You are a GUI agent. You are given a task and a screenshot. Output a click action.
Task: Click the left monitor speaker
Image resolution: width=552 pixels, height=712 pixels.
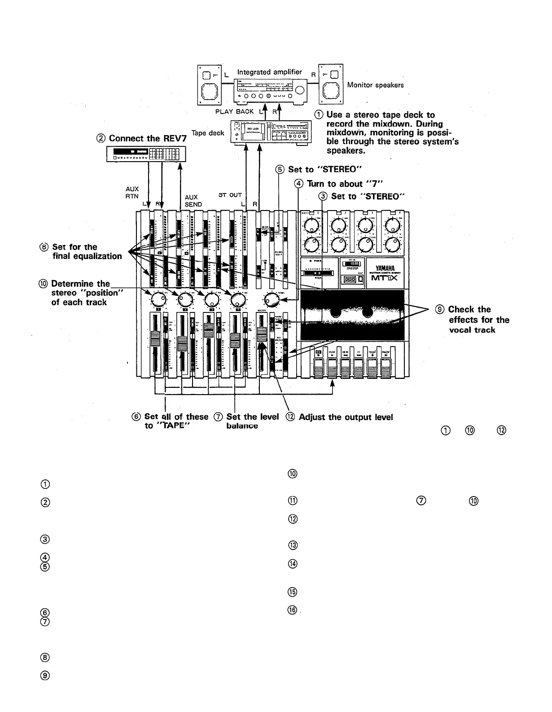tap(209, 84)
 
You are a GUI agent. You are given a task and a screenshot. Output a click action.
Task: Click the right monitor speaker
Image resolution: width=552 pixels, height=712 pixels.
tap(331, 84)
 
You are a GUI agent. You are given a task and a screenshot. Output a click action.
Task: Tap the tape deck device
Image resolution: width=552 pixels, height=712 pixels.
tap(271, 132)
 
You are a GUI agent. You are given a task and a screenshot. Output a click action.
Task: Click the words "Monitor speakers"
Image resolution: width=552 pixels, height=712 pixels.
tap(375, 85)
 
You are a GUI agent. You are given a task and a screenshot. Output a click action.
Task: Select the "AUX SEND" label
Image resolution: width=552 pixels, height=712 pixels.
tap(193, 201)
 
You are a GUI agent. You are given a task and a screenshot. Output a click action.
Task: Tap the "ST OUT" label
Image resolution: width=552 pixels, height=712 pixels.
tap(230, 195)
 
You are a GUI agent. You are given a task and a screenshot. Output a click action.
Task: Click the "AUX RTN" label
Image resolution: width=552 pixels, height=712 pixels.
tap(132, 193)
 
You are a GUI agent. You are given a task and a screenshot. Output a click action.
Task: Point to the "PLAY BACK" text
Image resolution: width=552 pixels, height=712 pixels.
tap(234, 111)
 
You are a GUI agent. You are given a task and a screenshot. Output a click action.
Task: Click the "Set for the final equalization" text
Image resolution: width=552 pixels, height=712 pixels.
tap(87, 251)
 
